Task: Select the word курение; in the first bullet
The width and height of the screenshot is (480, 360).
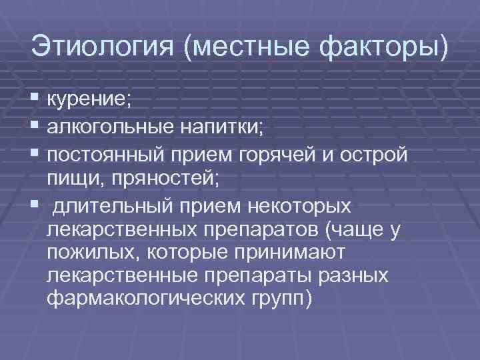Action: [x=90, y=101]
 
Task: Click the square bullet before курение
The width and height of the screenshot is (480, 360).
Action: [x=35, y=101]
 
